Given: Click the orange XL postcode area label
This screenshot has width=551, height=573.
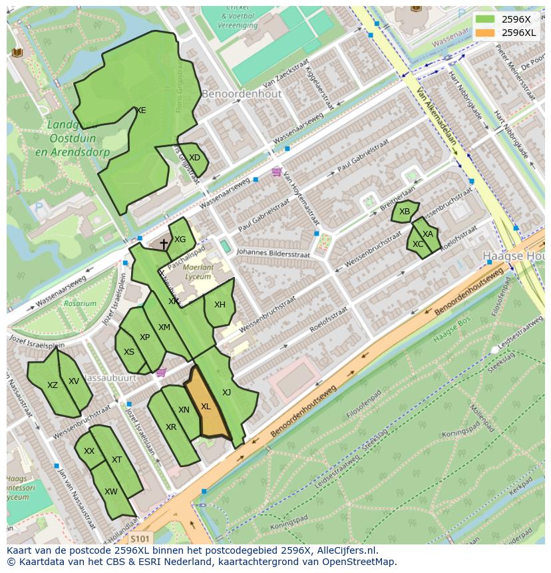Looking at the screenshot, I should [206, 407].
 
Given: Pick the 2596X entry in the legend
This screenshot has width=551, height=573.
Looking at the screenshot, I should [516, 19].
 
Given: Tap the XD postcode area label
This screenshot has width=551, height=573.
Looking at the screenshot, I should [194, 158].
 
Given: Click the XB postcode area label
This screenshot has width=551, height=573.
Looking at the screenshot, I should [405, 212].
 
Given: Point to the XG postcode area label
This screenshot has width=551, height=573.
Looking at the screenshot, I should [180, 240].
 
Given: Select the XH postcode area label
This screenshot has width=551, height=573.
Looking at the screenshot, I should [220, 305].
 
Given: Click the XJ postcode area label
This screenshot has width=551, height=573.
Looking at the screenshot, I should [226, 393].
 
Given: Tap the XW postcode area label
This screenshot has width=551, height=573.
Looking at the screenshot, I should [111, 492].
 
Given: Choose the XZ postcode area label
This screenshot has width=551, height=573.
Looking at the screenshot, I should [53, 385].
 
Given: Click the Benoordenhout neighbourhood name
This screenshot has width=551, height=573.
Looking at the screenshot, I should [242, 94].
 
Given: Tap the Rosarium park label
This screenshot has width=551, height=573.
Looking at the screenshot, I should [80, 303].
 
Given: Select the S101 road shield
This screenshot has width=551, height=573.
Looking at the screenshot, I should [140, 538].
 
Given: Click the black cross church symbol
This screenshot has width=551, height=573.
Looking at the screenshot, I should [164, 244].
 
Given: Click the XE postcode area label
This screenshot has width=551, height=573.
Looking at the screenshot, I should [140, 110].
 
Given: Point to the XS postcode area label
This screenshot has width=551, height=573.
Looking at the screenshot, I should [129, 352].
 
